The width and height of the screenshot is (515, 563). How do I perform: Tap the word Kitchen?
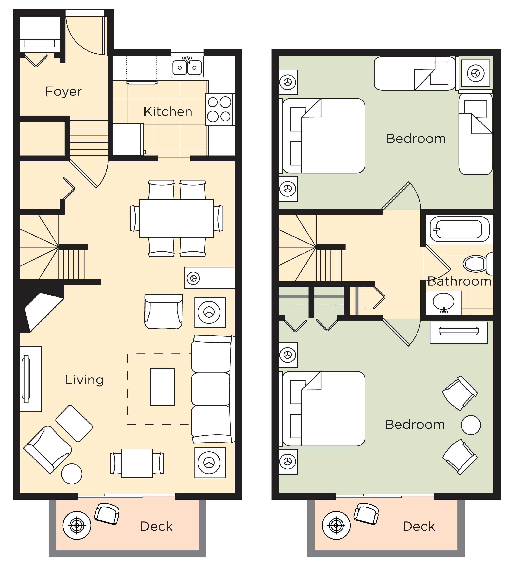(168, 112)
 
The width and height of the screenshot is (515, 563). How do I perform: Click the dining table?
(176, 218)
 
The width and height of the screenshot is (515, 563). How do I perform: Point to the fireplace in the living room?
(42, 310)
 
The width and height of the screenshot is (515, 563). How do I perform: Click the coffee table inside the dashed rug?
(162, 387)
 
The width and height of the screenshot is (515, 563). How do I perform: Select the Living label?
(84, 380)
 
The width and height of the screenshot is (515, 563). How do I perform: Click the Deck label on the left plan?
(156, 526)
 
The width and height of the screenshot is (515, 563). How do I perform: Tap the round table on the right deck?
(336, 525)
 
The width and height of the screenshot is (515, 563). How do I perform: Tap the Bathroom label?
(459, 281)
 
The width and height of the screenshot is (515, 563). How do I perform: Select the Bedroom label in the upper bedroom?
(416, 139)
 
